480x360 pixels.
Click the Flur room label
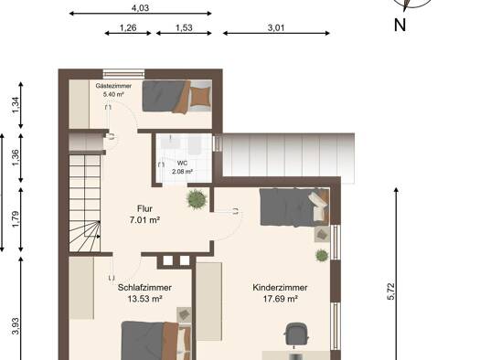click(x=144, y=209)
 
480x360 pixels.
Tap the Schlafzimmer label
click(x=144, y=288)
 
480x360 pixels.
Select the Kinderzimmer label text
click(x=280, y=288)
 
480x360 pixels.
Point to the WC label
click(x=182, y=164)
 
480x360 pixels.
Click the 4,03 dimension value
click(x=140, y=8)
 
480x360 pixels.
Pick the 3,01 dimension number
click(x=276, y=27)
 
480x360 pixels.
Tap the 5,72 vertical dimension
click(x=391, y=291)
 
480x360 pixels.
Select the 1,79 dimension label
click(x=16, y=219)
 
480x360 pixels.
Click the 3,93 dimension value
click(x=16, y=326)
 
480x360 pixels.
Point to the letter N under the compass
click(x=400, y=25)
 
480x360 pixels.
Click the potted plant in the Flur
click(x=197, y=199)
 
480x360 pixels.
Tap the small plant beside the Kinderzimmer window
click(x=322, y=255)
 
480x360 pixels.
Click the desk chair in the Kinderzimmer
click(x=296, y=334)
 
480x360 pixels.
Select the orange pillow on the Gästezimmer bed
click(x=200, y=96)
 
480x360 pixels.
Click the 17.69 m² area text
click(x=281, y=299)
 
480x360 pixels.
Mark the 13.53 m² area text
click(x=144, y=299)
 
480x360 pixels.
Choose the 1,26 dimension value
click(x=128, y=27)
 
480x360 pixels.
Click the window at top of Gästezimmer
click(x=123, y=74)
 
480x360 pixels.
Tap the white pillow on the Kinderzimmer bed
click(x=319, y=203)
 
